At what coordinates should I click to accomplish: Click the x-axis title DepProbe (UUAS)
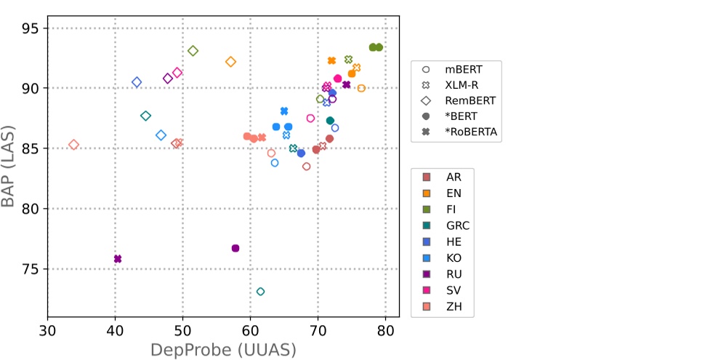pos(223,350)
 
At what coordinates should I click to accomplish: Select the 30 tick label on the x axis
pos(48,329)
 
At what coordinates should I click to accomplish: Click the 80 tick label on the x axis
pos(385,329)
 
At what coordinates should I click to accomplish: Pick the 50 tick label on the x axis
pos(182,329)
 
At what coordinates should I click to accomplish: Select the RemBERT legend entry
pos(469,100)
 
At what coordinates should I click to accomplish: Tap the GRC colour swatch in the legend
pos(427,225)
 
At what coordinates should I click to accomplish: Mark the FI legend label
pos(452,209)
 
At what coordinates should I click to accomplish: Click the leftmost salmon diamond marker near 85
pos(73,145)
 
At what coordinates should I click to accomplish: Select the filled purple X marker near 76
pos(118,259)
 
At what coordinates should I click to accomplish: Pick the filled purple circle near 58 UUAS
pos(235,248)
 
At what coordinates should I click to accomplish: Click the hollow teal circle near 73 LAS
pos(260,292)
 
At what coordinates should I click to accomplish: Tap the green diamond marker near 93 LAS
pos(193,51)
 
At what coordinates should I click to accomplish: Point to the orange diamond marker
pos(231,62)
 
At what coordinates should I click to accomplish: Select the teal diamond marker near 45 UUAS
pos(145,116)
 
